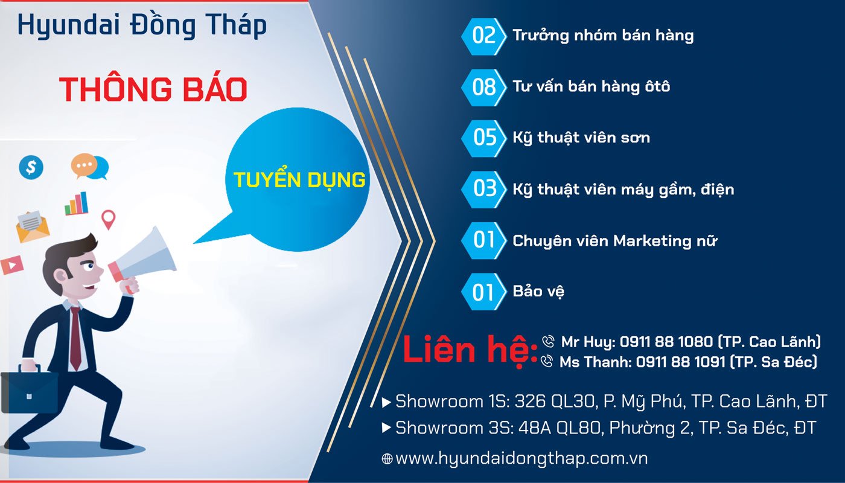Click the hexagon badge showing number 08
click(484, 87)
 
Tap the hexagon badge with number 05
click(484, 138)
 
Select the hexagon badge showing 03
click(484, 189)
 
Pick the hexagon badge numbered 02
click(484, 36)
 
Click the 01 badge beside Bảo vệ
click(483, 293)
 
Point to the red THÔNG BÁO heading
click(153, 89)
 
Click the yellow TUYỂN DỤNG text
click(299, 180)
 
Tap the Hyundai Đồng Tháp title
click(142, 25)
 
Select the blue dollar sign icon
click(31, 167)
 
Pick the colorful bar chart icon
click(77, 204)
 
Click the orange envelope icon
click(32, 226)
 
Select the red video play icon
click(11, 264)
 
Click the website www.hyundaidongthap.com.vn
click(521, 458)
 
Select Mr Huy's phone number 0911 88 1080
click(666, 342)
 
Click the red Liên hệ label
click(470, 351)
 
